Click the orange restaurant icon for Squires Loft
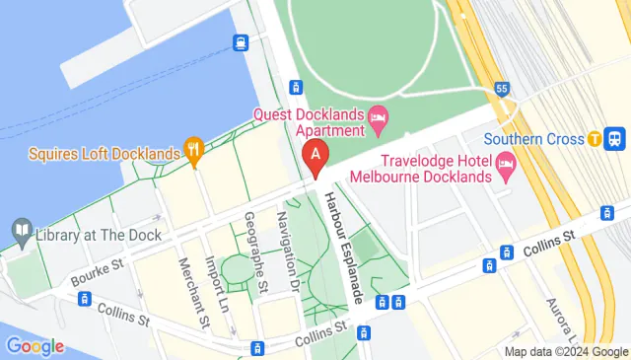pyautogui.click(x=193, y=153)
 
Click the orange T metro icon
pyautogui.click(x=595, y=139)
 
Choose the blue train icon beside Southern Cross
pyautogui.click(x=616, y=139)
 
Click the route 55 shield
pyautogui.click(x=502, y=88)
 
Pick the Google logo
pyautogui.click(x=35, y=346)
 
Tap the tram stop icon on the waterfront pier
pyautogui.click(x=241, y=42)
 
